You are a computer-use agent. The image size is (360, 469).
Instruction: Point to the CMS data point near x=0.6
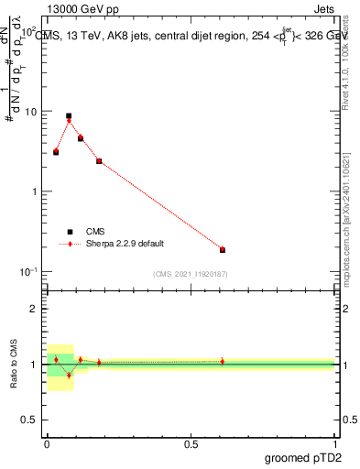point(223,249)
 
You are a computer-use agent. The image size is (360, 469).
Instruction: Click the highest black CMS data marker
point(69,116)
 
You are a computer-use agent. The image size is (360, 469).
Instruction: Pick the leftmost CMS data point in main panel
point(56,152)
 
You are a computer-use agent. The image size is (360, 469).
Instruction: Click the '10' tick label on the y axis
point(32,112)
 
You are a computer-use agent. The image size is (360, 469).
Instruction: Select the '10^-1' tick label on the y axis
point(29,272)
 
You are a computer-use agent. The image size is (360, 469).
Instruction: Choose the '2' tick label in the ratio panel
point(37,309)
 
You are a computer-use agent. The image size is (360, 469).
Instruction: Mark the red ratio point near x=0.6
point(223,361)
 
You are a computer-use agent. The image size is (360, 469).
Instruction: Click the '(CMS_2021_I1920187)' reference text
point(191,274)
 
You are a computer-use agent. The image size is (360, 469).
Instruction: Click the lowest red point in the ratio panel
point(69,376)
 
